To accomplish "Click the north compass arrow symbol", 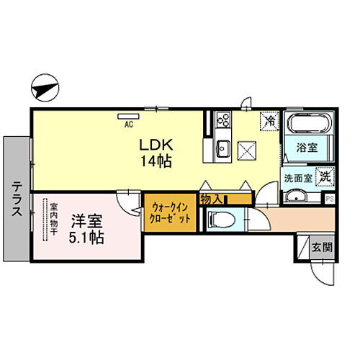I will coord(45,89).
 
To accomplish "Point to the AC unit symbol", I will coord(129,115).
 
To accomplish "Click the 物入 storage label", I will coord(210,197).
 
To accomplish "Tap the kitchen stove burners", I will coord(220,120).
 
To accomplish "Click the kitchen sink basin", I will coord(221,150).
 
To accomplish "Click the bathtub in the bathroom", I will coord(307,123).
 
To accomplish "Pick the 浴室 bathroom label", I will coord(308,148).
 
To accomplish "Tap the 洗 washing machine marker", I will coord(326,174).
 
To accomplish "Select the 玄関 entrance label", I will coord(321,247).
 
